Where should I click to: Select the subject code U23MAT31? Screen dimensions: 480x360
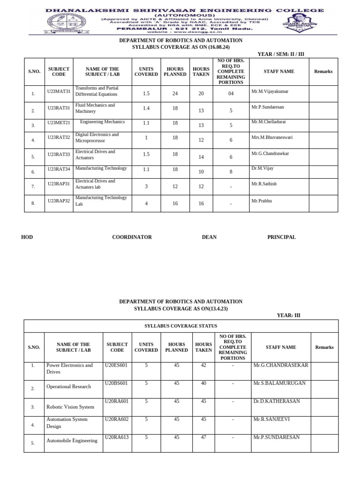click(59, 91)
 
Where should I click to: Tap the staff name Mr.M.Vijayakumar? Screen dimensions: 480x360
click(270, 91)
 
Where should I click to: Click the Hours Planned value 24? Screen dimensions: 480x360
click(175, 94)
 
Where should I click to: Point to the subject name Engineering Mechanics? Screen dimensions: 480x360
click(102, 122)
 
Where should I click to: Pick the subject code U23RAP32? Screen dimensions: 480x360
click(59, 200)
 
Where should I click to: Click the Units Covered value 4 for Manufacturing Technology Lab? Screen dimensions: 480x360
click(146, 203)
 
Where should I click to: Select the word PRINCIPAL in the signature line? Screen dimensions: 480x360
click(281, 237)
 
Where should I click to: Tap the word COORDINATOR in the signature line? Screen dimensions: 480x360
click(132, 237)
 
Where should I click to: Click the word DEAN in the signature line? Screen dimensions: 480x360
click(209, 237)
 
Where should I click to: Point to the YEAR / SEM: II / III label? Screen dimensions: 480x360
click(281, 54)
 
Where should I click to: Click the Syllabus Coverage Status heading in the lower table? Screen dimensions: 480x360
click(180, 326)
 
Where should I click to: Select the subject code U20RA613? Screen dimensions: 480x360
click(117, 437)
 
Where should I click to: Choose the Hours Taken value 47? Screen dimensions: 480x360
click(203, 437)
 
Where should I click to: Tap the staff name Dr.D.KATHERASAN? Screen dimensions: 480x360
click(276, 401)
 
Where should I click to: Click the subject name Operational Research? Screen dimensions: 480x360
click(68, 387)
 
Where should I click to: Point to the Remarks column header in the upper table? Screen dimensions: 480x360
click(323, 72)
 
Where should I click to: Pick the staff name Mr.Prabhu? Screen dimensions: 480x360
click(262, 201)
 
